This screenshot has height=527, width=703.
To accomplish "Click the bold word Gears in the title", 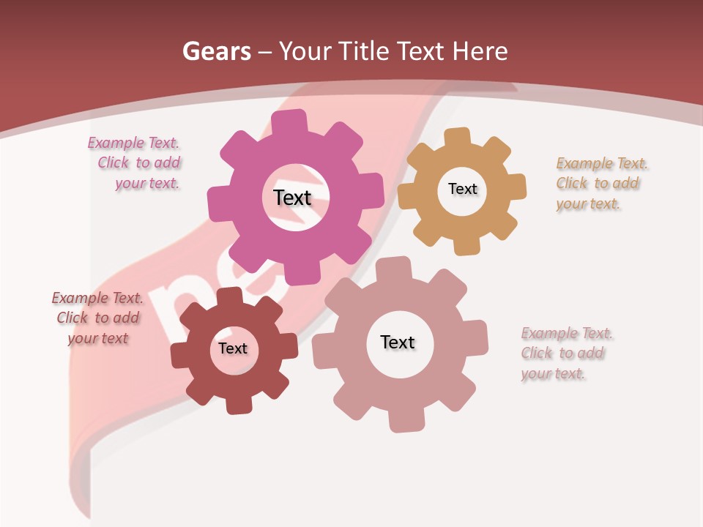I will [216, 51].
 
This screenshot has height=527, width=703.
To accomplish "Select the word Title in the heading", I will [367, 51].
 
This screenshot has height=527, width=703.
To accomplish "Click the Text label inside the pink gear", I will [292, 198].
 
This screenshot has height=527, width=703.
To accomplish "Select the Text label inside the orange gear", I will [462, 189].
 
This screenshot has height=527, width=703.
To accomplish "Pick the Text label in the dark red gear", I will [233, 348].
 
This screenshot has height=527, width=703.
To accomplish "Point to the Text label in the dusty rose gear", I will [398, 342].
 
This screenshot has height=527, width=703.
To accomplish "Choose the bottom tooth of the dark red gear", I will [237, 405].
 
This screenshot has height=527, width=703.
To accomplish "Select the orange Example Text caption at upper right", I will [600, 184].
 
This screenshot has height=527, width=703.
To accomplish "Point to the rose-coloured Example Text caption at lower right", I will [565, 354].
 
